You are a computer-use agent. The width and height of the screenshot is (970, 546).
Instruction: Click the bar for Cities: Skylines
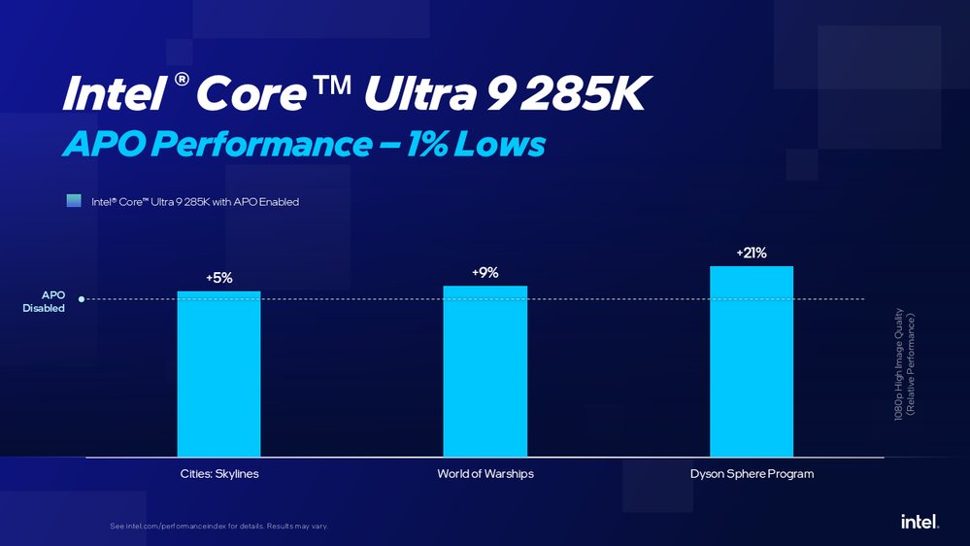218,373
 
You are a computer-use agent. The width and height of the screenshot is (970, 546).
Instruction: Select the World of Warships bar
485,370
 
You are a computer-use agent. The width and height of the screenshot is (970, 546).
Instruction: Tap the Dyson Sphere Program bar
752,360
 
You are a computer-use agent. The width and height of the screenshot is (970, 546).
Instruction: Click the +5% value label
218,278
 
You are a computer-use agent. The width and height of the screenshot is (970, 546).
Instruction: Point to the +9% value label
485,273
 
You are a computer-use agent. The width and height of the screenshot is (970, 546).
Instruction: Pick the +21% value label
752,254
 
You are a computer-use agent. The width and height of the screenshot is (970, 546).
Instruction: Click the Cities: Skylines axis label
219,474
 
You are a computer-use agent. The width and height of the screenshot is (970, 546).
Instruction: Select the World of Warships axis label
485,474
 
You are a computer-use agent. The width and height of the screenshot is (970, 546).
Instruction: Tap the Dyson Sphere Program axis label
752,474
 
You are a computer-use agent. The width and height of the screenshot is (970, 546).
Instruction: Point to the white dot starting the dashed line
82,299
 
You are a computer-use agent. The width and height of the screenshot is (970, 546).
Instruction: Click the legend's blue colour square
73,201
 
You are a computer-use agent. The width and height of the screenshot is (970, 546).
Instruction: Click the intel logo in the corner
919,522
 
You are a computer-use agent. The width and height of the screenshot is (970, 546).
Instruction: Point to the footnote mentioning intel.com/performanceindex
218,527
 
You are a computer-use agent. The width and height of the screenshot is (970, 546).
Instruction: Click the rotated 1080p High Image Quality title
904,364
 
